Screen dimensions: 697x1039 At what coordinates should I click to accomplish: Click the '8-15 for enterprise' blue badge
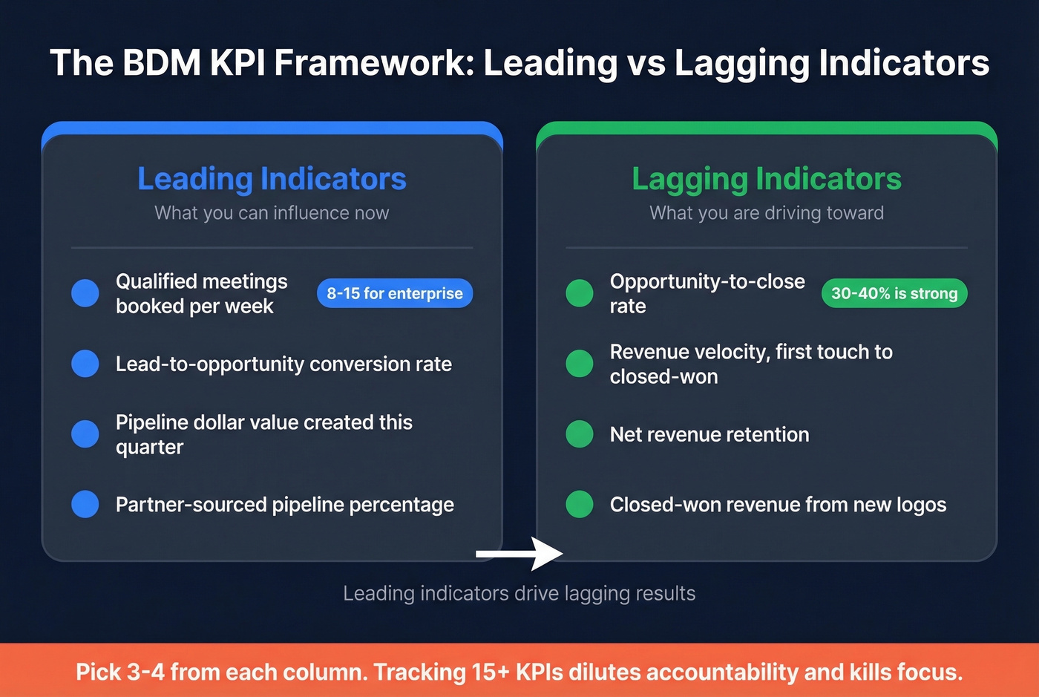395,293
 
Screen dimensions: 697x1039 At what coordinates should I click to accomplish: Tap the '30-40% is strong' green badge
894,293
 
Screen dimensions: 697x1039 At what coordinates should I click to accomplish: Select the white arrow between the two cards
519,554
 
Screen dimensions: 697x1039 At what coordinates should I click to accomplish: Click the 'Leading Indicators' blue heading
272,179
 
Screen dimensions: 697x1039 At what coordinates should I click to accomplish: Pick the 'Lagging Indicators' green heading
767,179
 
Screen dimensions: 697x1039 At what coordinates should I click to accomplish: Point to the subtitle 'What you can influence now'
272,213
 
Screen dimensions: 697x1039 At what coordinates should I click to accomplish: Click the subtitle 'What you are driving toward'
767,213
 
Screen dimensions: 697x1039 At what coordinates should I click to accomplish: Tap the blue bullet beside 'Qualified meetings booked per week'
85,293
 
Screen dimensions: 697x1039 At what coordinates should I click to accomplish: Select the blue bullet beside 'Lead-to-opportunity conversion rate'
85,364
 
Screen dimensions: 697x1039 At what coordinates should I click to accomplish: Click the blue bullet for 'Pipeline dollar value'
85,434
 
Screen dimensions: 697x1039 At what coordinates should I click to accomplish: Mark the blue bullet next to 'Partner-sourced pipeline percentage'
85,505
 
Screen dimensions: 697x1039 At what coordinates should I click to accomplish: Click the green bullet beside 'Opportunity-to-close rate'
580,293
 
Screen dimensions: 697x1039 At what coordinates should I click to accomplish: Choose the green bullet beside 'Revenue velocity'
580,364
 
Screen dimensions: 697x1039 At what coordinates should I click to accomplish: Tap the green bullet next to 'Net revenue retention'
580,434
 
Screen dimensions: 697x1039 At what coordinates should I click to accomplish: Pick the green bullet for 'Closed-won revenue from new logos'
580,505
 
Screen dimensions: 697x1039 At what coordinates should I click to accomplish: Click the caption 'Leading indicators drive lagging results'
519,593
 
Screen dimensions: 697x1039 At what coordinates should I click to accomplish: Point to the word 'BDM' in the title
162,63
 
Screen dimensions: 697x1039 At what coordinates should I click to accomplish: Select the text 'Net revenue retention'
709,434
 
